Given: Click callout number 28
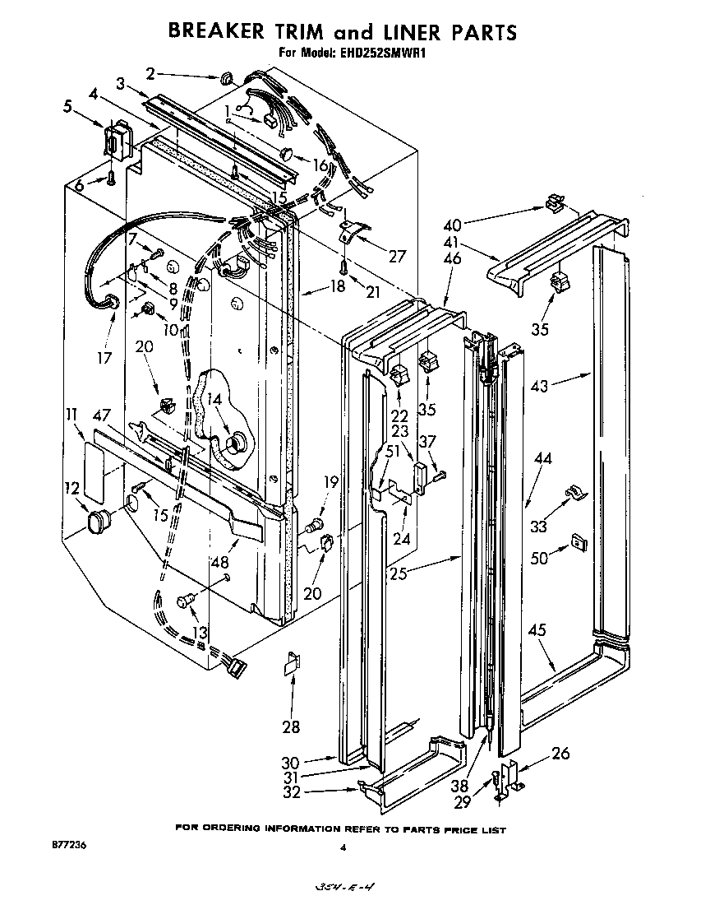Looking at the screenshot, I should [x=291, y=726].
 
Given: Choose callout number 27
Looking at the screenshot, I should [x=397, y=256].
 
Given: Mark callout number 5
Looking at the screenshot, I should [x=67, y=104].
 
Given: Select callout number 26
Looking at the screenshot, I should [x=560, y=753].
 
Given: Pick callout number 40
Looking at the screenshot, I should [x=452, y=225].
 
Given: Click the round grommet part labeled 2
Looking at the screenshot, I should [x=224, y=77].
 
